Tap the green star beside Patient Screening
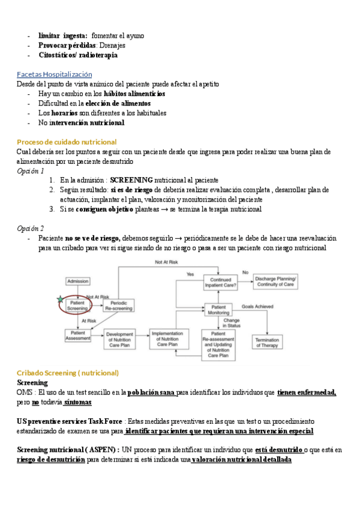click(x=59, y=298)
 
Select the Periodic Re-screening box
click(x=118, y=306)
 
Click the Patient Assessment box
click(x=77, y=336)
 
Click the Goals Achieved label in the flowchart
click(x=257, y=306)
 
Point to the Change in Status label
click(x=232, y=324)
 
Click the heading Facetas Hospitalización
click(x=55, y=74)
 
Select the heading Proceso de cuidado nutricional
click(x=67, y=142)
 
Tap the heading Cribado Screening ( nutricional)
click(x=68, y=373)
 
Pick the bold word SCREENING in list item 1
click(x=131, y=180)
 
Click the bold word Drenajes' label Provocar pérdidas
click(x=67, y=46)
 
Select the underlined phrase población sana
click(x=152, y=393)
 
